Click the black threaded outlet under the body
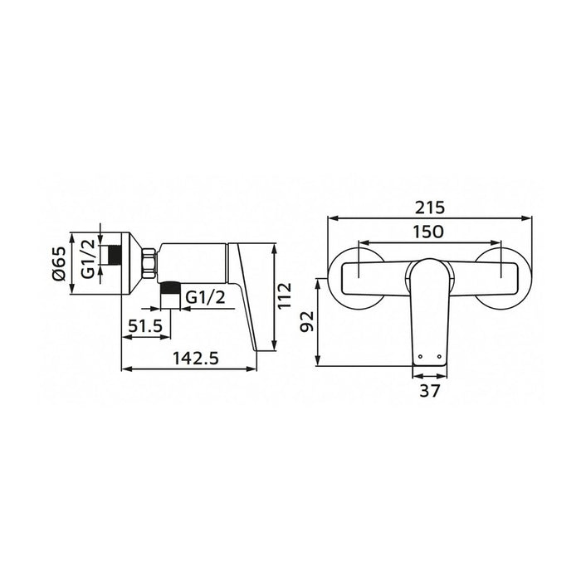click(169, 290)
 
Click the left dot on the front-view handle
click(422, 357)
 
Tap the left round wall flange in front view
click(358, 275)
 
